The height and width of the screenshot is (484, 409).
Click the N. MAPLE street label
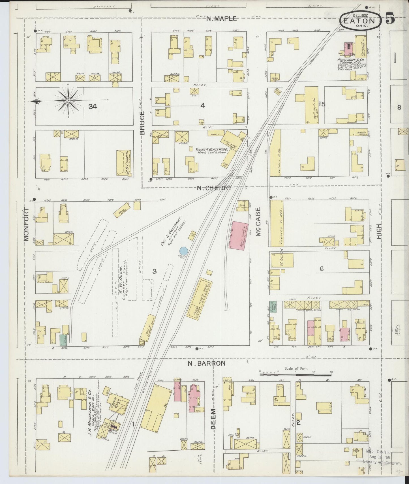[221, 19]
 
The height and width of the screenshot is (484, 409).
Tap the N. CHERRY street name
[214, 188]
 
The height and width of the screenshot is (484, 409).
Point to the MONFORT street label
[26, 224]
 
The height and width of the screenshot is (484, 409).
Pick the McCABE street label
[258, 222]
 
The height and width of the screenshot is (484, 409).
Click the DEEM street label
[214, 419]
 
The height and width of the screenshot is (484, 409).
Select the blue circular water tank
[183, 251]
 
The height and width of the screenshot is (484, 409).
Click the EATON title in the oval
[359, 21]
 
